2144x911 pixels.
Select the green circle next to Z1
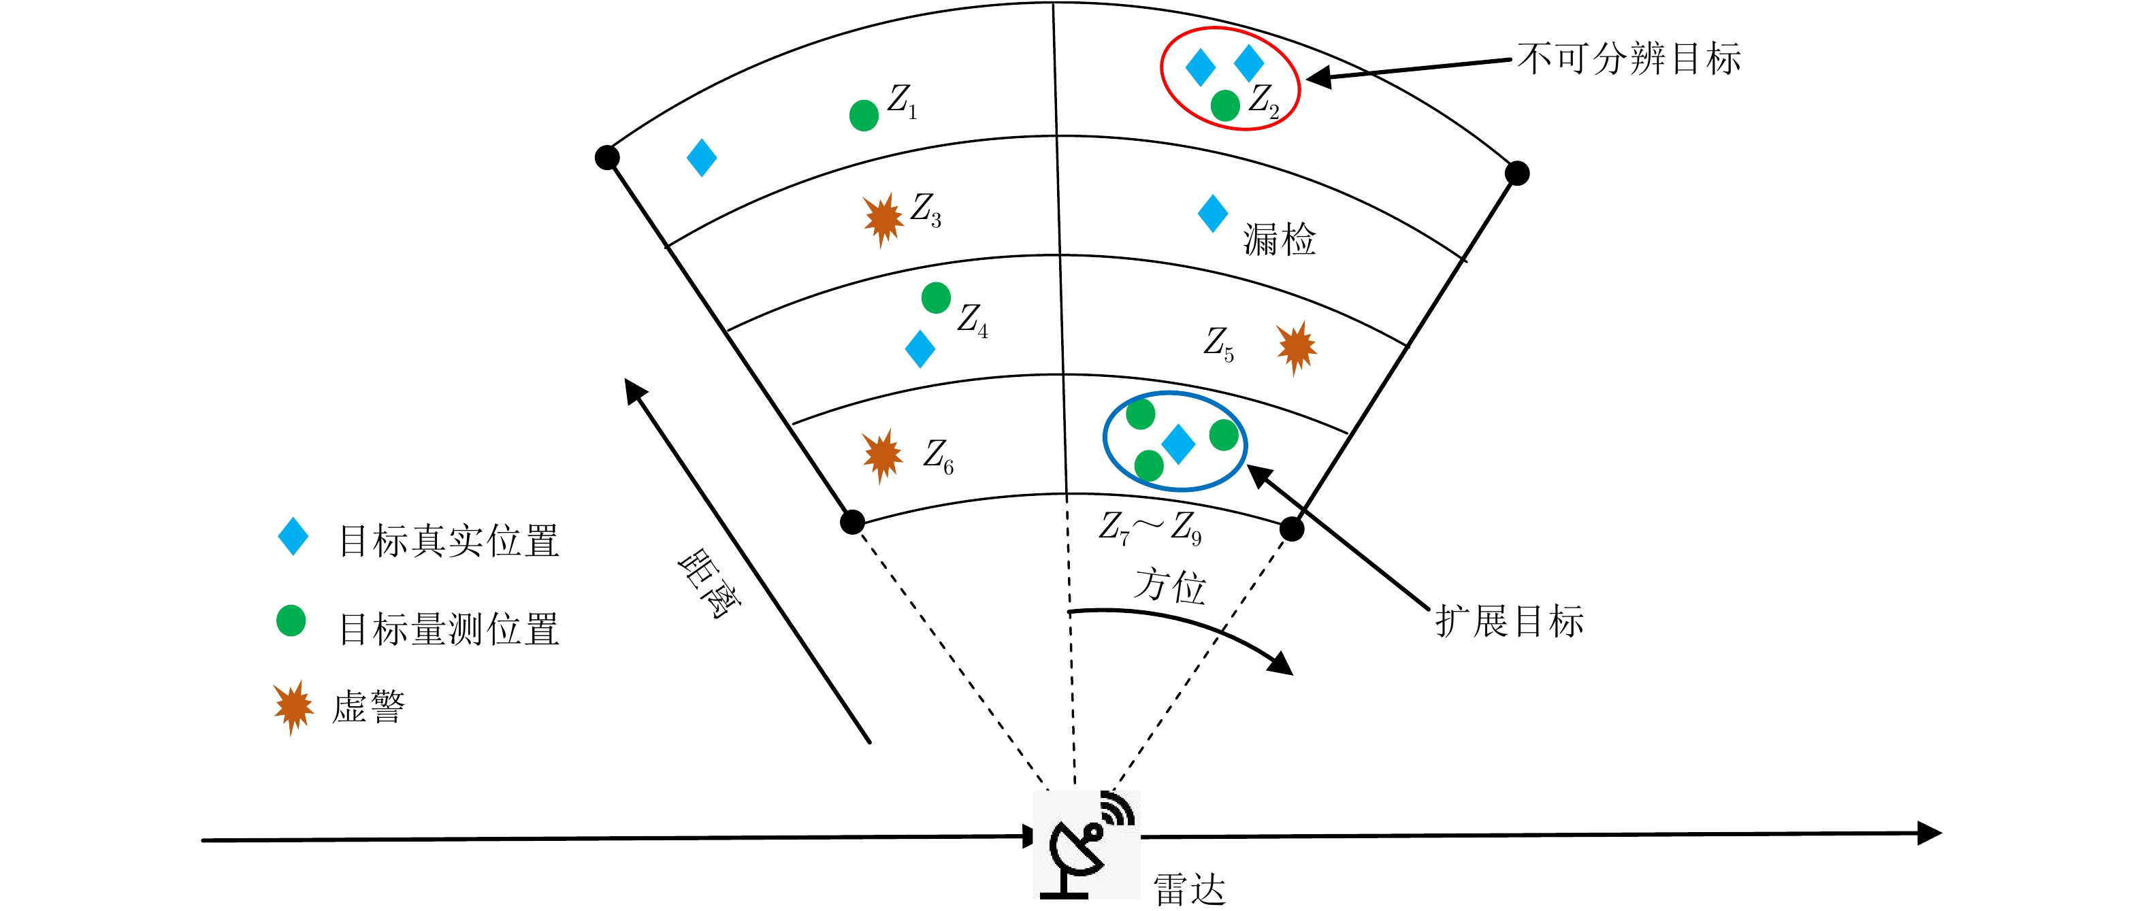(864, 115)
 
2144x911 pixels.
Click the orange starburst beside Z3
(882, 219)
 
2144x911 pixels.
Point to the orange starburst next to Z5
(1296, 347)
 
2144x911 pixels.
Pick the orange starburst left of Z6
(882, 454)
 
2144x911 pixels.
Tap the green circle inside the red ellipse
(1225, 105)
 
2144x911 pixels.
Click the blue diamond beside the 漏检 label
(1213, 214)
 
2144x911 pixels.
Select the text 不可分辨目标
(1629, 59)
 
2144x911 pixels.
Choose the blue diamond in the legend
(293, 537)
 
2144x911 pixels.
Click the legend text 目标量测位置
(449, 629)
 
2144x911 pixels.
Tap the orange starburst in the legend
(293, 707)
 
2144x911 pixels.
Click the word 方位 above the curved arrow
(1170, 585)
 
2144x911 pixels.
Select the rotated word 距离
(709, 583)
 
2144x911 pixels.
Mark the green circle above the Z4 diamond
(937, 297)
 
